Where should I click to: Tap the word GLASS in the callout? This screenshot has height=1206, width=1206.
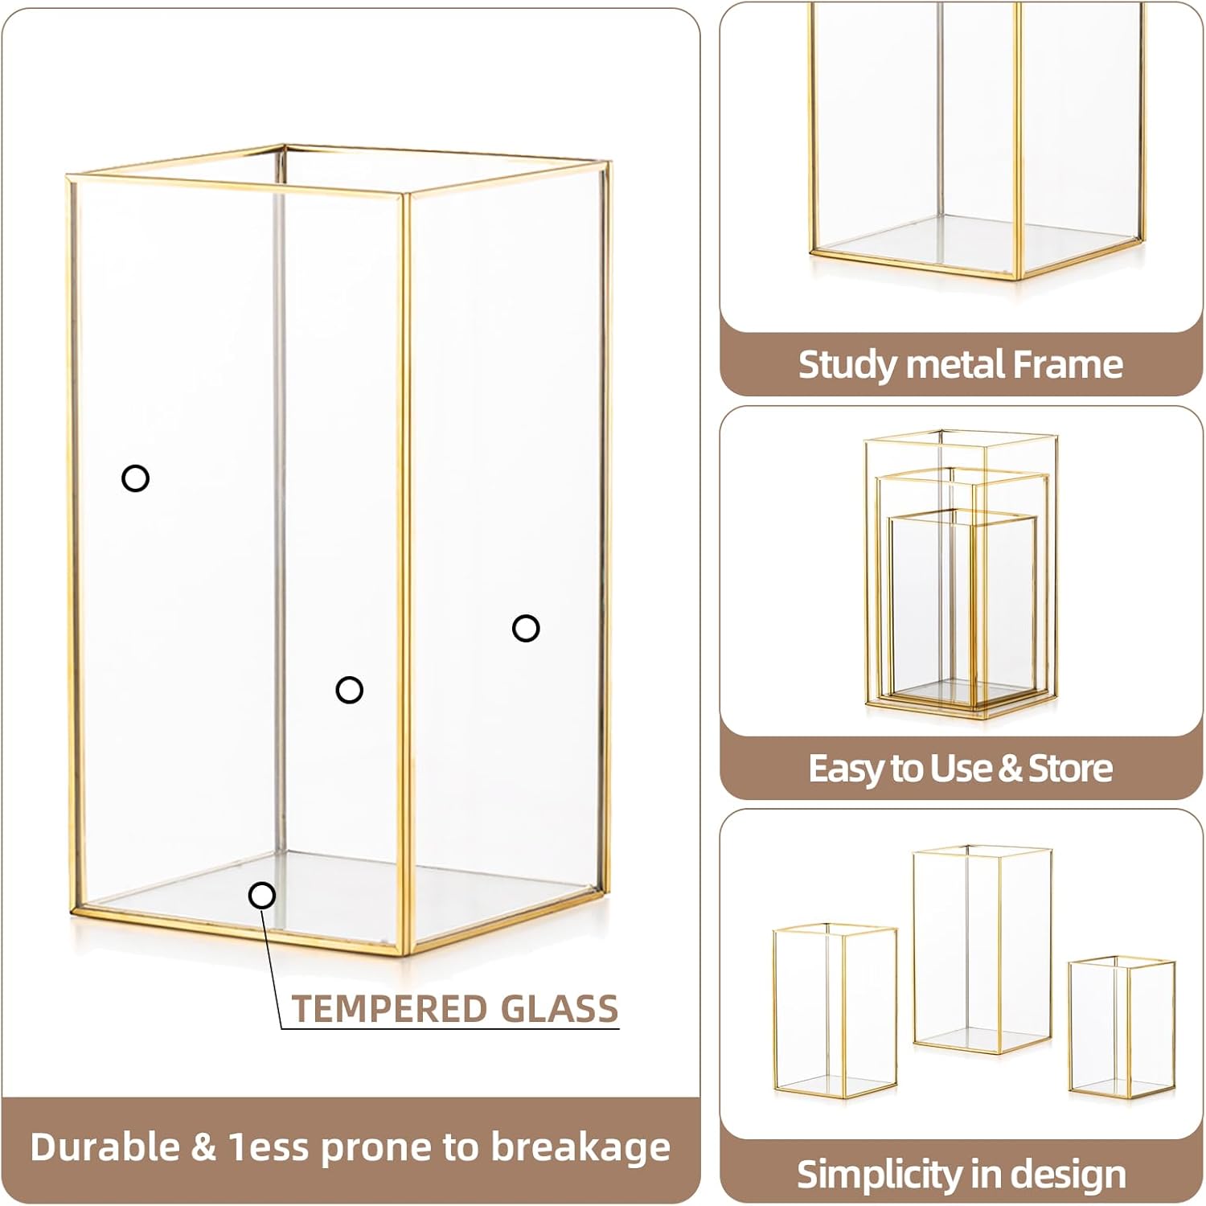pyautogui.click(x=559, y=1008)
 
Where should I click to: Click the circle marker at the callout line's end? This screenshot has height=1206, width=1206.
pyautogui.click(x=262, y=895)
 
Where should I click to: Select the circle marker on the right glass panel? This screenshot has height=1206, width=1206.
pyautogui.click(x=526, y=628)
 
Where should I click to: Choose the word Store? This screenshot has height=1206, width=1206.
pyautogui.click(x=1071, y=769)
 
